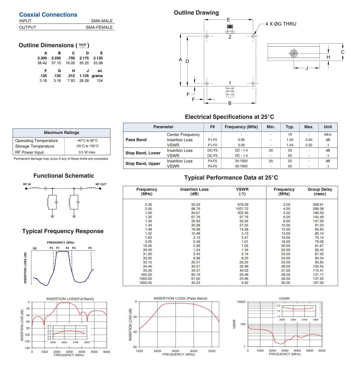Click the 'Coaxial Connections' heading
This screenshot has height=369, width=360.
click(x=48, y=15)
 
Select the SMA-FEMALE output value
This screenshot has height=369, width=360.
click(x=99, y=27)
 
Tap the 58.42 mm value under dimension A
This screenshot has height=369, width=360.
click(x=42, y=62)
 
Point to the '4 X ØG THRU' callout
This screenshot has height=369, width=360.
click(x=281, y=24)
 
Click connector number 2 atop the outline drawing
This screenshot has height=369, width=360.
click(x=230, y=37)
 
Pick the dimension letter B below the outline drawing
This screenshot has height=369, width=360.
click(x=230, y=103)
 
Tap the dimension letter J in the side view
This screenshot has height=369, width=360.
click(x=307, y=68)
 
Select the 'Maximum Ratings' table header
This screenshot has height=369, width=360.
click(x=61, y=133)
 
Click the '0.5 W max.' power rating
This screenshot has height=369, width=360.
click(x=87, y=152)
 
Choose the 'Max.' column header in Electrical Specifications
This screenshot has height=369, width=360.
click(x=309, y=127)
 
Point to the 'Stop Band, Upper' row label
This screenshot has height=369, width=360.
click(x=143, y=164)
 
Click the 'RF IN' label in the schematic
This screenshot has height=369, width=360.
click(x=27, y=184)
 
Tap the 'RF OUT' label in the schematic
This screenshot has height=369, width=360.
click(x=101, y=184)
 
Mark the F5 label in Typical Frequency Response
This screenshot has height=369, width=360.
click(x=90, y=248)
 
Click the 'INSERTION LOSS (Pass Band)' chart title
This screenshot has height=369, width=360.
click(x=180, y=298)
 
